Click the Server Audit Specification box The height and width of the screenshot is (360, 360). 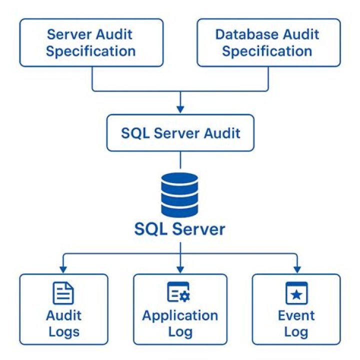[91, 42]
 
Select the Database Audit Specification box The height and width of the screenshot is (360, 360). [268, 42]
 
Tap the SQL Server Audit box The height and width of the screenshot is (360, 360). [180, 133]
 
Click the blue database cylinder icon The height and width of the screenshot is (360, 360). [180, 194]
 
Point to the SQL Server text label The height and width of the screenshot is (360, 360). [180, 229]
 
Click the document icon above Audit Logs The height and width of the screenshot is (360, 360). [63, 293]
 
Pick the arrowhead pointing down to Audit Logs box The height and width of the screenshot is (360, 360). [63, 269]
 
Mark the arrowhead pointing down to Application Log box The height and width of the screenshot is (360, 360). [180, 269]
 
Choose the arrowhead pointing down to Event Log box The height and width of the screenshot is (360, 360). [296, 269]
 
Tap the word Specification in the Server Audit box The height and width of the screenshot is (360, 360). [91, 51]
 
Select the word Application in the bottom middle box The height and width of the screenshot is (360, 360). [180, 316]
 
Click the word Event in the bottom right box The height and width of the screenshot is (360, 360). [296, 316]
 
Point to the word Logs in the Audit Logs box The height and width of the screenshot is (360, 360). [63, 331]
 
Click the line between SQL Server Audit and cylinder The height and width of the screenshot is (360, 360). [180, 161]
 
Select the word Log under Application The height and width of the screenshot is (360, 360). [180, 331]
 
